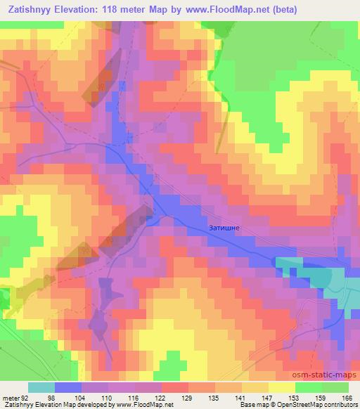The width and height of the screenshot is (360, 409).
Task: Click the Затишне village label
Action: tap(226, 228)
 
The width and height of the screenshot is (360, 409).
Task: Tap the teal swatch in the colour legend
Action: tap(41, 387)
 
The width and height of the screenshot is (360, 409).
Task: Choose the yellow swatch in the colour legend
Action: tap(281, 387)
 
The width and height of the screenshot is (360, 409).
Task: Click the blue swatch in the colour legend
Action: tap(67, 387)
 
